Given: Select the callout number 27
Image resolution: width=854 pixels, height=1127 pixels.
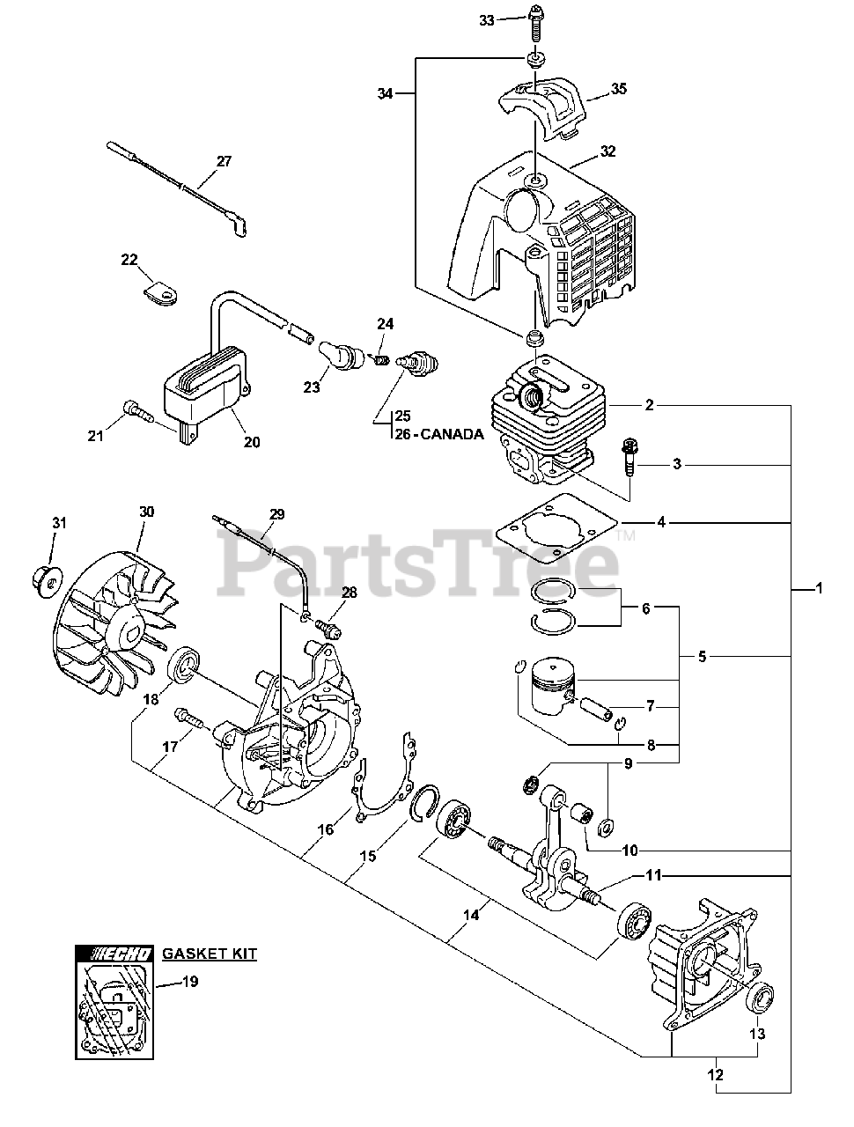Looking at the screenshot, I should click(224, 161).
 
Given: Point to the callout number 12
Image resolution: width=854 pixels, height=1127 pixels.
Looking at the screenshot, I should click(715, 1074).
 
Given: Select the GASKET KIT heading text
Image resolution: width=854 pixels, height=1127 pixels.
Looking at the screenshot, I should click(210, 954).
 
